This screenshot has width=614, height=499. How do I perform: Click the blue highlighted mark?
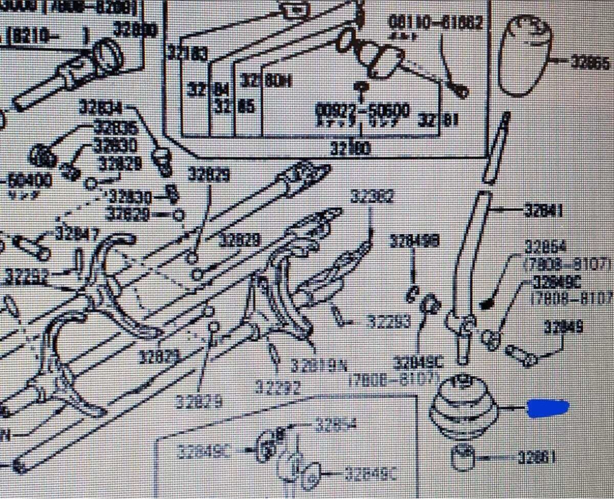(x=548, y=408)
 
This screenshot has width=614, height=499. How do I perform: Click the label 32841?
(x=543, y=210)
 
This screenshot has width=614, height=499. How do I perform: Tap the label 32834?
(x=101, y=108)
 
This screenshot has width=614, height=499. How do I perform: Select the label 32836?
(x=116, y=127)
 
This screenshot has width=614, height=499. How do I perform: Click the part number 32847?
(x=77, y=234)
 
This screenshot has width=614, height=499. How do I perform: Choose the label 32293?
(x=388, y=322)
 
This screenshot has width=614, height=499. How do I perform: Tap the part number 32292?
(x=278, y=385)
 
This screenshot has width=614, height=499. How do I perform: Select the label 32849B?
(x=414, y=241)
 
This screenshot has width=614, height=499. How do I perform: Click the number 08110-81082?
(x=435, y=23)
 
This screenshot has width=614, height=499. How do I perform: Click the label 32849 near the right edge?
(x=563, y=327)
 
